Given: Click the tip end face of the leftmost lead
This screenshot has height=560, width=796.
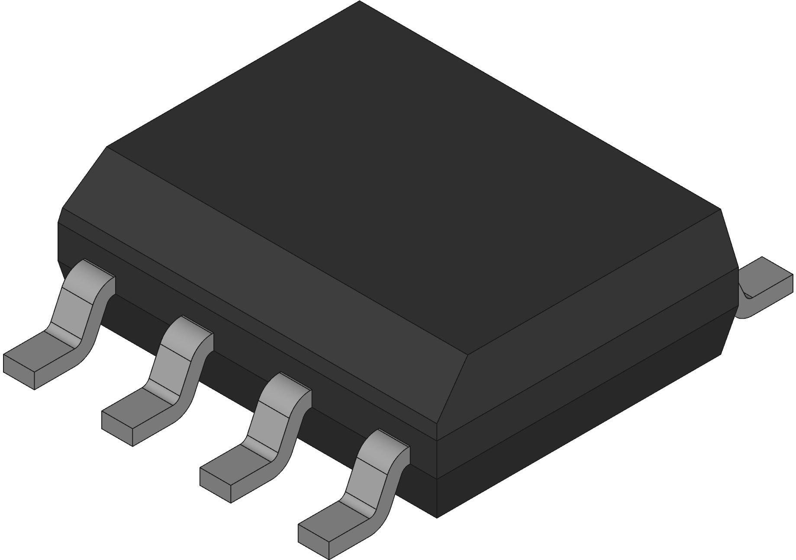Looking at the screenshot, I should coord(19,371).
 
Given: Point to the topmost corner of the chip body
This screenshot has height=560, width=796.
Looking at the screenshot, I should coord(359,2).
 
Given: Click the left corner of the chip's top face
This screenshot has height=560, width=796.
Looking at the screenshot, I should coord(107,147).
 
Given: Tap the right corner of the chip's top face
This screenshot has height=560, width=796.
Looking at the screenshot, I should coord(720,209).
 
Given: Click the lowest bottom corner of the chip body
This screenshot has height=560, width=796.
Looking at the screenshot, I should coord(437,517).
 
